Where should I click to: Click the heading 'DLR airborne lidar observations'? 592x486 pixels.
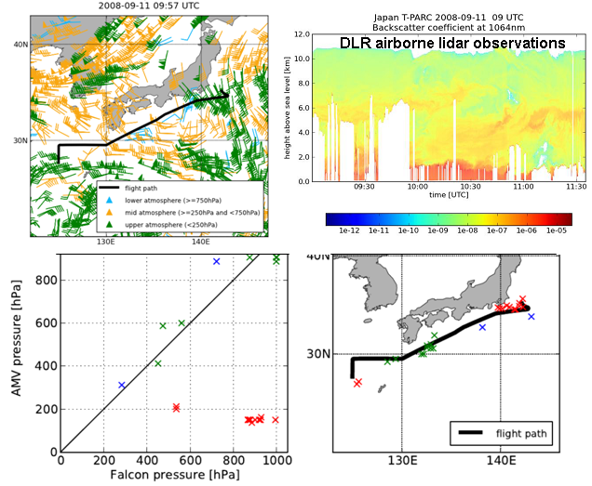point(451,44)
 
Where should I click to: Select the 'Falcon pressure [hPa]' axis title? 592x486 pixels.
point(169,475)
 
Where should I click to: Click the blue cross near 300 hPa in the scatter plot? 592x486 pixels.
point(122,385)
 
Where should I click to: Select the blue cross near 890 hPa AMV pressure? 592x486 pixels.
point(216,262)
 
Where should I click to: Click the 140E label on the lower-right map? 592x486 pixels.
point(501,460)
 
